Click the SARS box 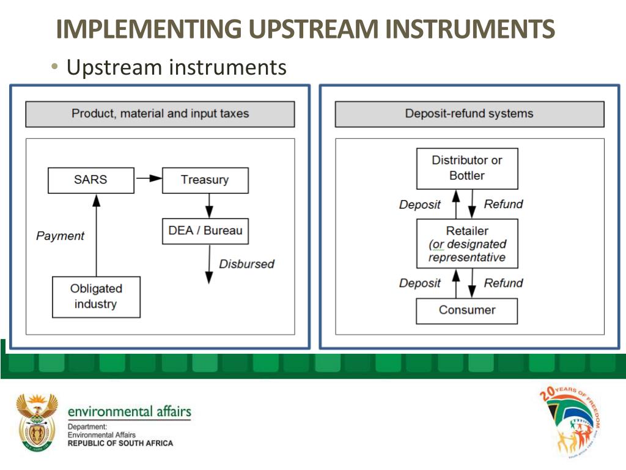90,180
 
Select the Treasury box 205,180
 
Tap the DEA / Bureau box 205,231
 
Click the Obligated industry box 96,297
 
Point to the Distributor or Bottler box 466,168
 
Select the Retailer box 466,244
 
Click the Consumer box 466,310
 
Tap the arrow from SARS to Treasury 148,178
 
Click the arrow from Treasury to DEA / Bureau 208,205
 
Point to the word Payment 60,236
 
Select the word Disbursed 246,264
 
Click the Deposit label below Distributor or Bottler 419,204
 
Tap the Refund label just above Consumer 503,283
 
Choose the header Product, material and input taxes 160,114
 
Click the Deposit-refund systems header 469,114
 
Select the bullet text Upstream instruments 176,67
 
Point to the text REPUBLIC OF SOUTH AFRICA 120,443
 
